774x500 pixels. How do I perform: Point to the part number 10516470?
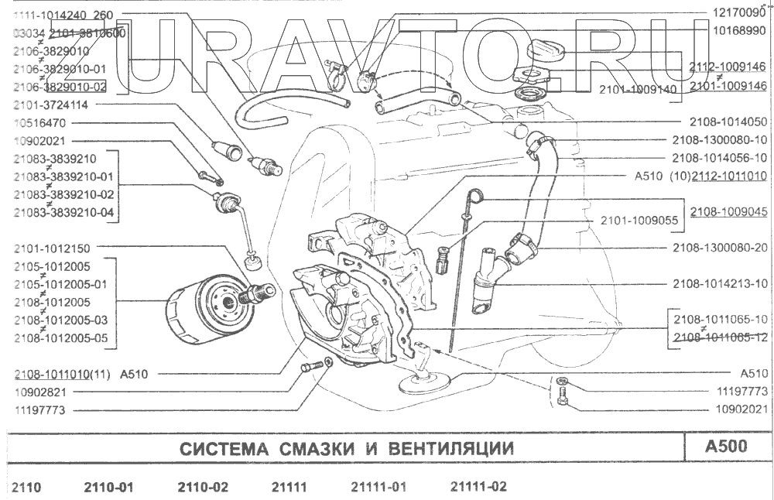tap(39, 122)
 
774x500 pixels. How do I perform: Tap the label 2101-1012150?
tap(52, 248)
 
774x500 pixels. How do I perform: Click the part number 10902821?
tap(39, 392)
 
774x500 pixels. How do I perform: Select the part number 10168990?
tap(739, 31)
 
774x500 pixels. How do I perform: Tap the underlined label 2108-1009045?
tap(728, 211)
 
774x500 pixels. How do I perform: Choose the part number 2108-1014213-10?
tap(720, 283)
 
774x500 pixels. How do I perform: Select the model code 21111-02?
tap(478, 487)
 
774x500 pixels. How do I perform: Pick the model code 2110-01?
tap(108, 487)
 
